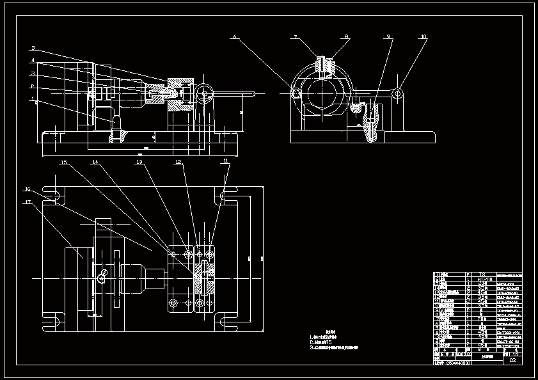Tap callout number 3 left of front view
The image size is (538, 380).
point(33,74)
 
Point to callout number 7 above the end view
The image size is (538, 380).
point(296,38)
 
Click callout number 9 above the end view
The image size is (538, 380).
point(388,37)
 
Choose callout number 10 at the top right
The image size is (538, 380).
point(423,37)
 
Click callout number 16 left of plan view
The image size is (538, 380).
point(28,189)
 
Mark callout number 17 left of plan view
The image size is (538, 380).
point(28,202)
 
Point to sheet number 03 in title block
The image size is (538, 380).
point(512,361)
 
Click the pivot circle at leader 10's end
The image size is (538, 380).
point(398,94)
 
